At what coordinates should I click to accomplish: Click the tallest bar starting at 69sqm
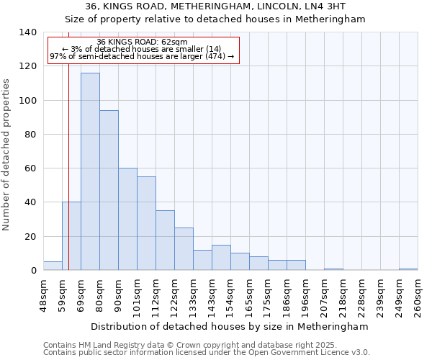90,171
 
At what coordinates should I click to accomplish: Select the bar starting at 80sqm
109,190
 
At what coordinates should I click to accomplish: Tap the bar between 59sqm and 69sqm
71,236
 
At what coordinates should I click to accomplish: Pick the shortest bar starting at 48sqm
53,266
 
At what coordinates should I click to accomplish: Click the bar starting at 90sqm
127,219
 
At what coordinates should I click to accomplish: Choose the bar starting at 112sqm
165,240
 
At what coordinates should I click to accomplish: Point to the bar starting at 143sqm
221,258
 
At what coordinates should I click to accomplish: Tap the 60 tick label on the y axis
30,168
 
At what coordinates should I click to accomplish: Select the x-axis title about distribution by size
230,326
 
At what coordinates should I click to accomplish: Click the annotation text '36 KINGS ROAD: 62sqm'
142,42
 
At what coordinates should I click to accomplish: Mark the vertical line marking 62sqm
68,144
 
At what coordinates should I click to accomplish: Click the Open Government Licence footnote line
206,353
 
